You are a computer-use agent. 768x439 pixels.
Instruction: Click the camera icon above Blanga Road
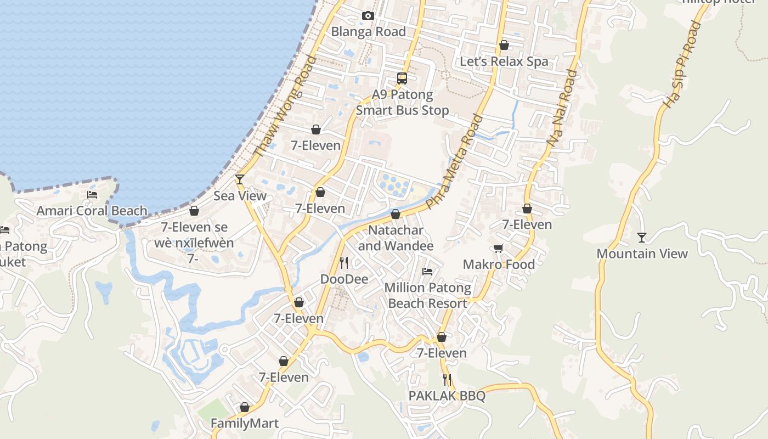pos(368,15)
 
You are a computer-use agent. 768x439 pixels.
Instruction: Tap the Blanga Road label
pos(368,32)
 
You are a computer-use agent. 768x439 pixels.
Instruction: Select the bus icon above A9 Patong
pos(402,78)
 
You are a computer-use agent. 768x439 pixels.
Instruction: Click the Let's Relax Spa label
pos(504,61)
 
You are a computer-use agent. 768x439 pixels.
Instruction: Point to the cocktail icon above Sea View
pos(240,179)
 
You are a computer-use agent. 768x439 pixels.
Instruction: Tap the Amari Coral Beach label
pos(92,211)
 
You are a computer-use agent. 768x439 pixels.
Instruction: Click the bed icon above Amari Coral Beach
pos(92,194)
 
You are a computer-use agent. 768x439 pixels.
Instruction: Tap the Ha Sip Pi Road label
pos(682,64)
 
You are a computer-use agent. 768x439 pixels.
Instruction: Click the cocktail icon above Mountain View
pos(641,237)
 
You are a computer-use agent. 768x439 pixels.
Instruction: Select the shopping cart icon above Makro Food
pos(498,249)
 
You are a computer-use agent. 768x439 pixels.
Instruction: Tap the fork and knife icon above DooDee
pos(344,263)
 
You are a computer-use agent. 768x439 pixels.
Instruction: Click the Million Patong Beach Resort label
pos(427,295)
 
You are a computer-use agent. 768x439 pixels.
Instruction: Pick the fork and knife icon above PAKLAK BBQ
pos(447,379)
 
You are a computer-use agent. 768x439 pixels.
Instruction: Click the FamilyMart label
pos(245,424)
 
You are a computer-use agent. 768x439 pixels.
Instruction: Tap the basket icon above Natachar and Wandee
pos(396,214)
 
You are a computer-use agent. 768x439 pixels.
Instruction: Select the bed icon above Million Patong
pos(427,271)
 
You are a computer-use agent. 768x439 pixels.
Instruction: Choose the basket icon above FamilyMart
pos(245,407)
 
